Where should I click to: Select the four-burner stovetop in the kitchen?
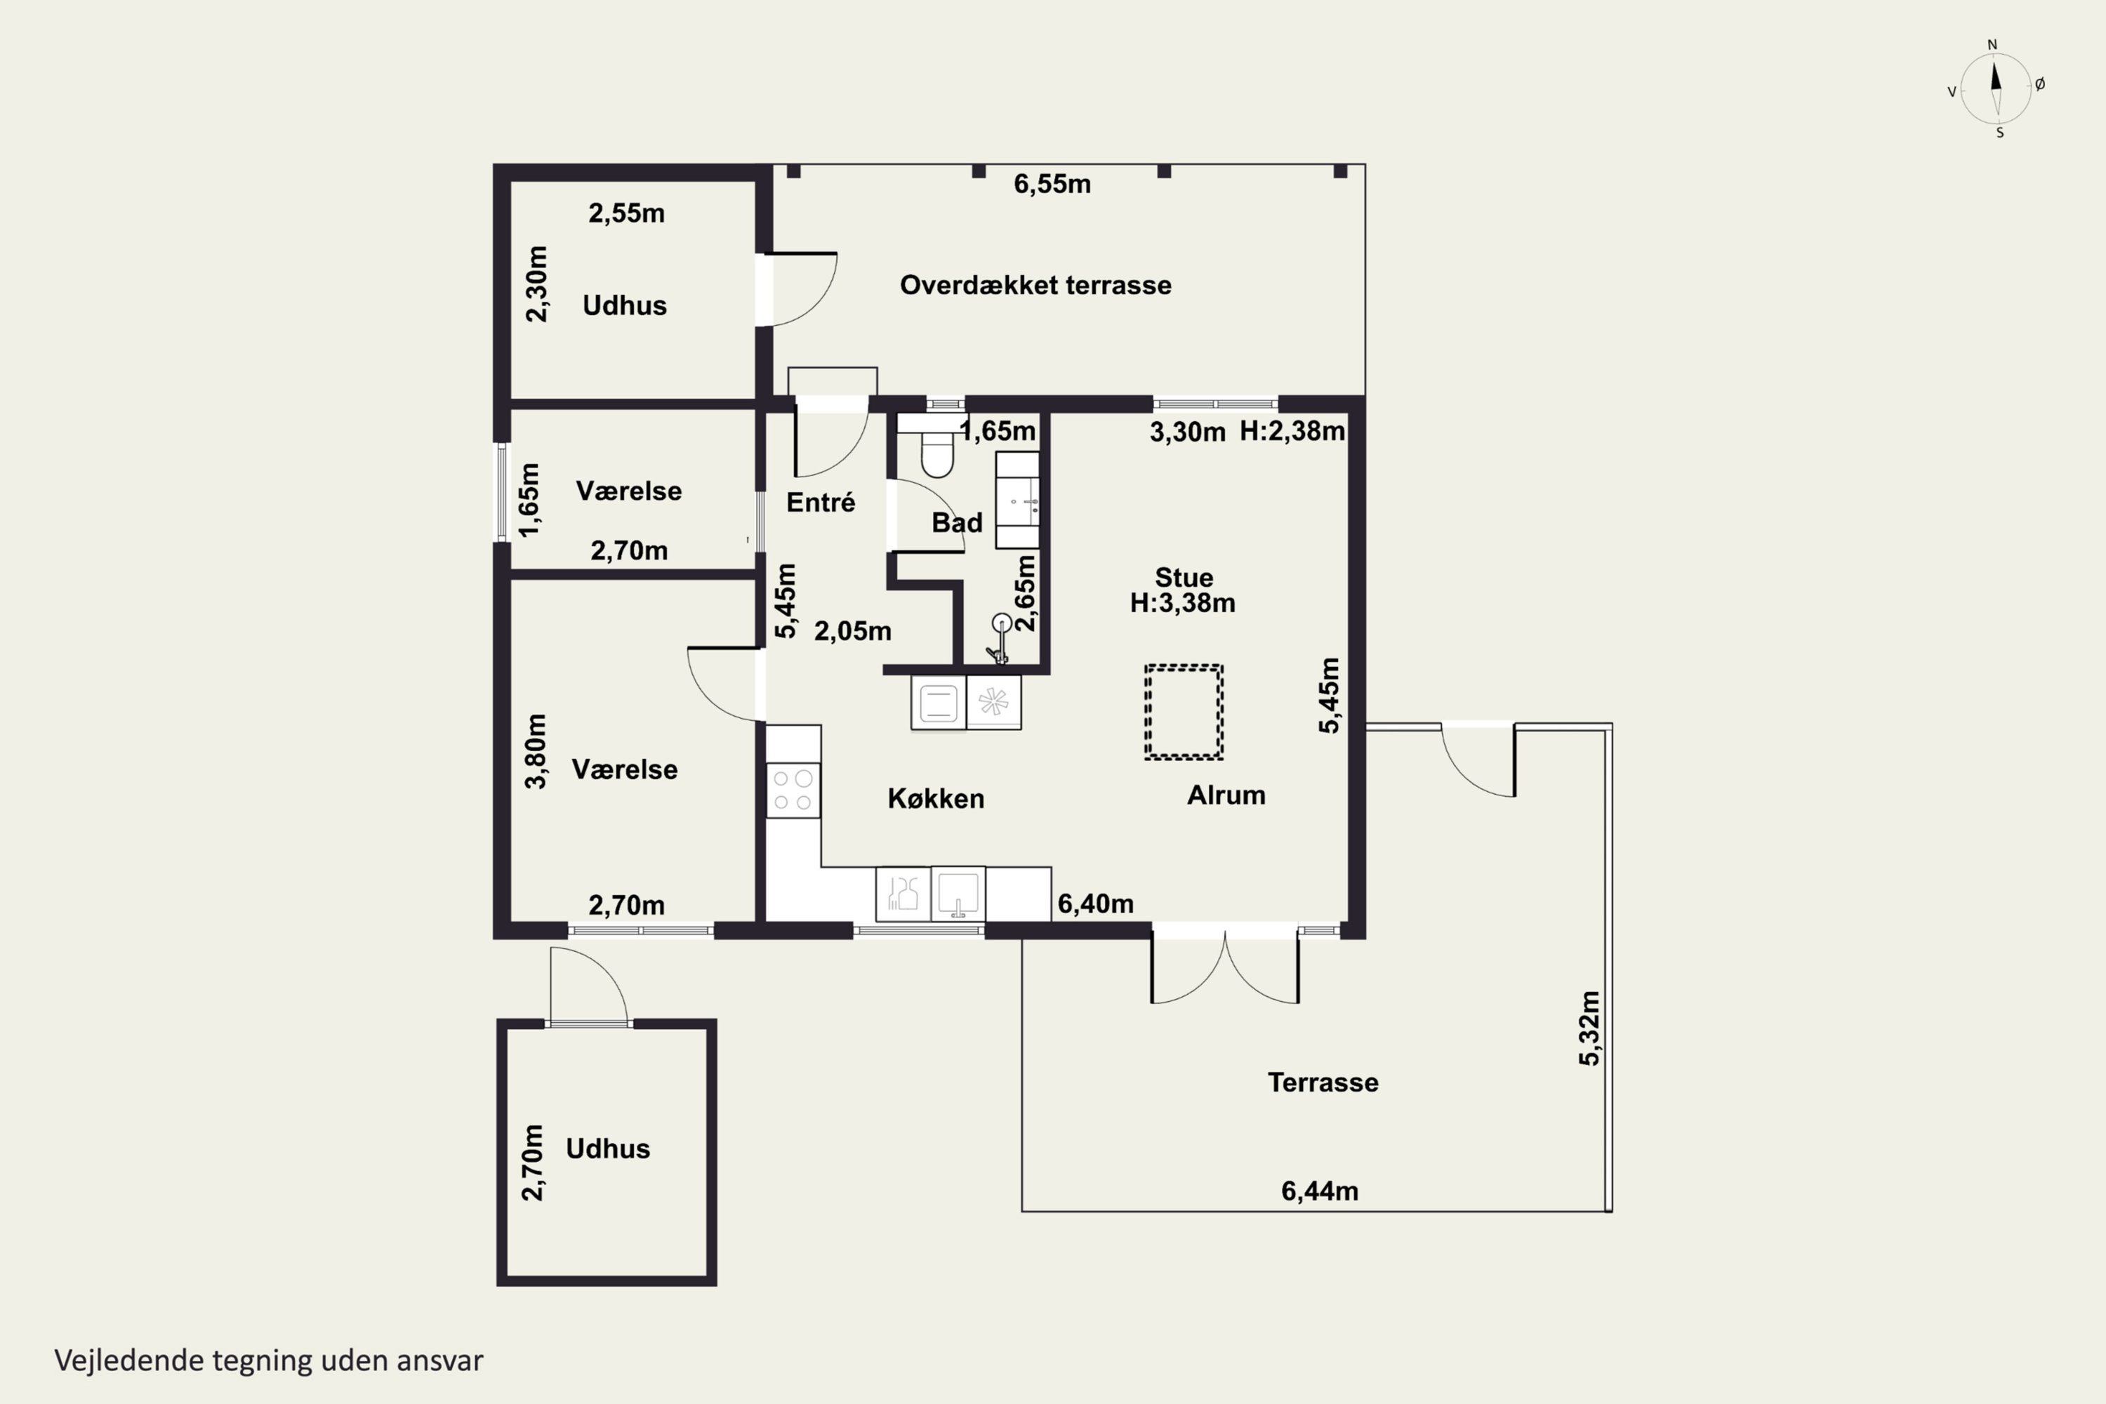coord(793,790)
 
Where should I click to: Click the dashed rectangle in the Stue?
coord(1184,713)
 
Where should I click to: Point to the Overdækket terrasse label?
coord(1035,285)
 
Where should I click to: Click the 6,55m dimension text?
coord(1052,185)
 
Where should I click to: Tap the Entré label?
coord(820,503)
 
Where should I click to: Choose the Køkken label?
coord(936,799)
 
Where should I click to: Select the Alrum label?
coord(1226,795)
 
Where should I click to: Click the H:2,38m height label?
coord(1292,432)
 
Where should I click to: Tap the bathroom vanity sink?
coord(1018,500)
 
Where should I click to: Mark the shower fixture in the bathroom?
coord(1000,637)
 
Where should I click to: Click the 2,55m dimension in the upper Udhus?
coord(627,213)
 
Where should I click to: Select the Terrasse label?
coord(1323,1082)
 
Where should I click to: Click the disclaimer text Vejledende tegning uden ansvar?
coord(269,1361)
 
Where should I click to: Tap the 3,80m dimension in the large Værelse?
coord(534,750)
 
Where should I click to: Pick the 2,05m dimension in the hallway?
coord(852,631)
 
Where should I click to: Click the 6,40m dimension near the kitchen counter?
coord(1096,903)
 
